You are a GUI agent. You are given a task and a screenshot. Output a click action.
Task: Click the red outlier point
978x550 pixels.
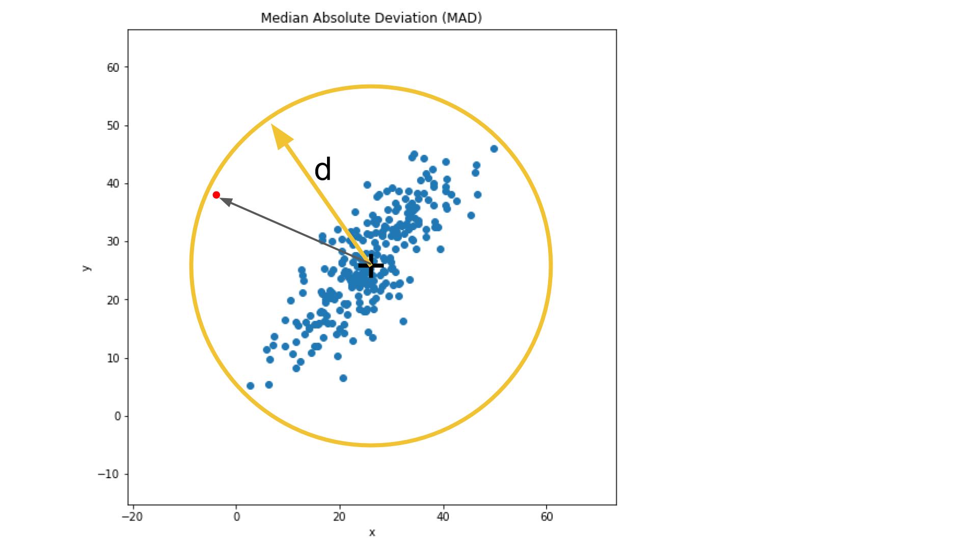point(216,195)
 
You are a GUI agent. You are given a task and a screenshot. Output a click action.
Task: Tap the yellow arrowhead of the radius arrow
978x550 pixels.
point(282,136)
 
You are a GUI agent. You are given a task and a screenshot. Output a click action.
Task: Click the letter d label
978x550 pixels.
point(323,170)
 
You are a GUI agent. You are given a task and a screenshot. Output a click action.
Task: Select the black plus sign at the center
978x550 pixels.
point(371,265)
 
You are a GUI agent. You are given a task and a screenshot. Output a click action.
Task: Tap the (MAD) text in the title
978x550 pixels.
point(461,18)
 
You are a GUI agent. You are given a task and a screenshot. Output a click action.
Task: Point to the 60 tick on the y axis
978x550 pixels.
point(113,68)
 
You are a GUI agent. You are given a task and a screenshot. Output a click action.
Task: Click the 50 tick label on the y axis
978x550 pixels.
point(113,126)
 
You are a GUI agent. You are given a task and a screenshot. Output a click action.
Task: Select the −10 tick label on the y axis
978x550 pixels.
point(108,474)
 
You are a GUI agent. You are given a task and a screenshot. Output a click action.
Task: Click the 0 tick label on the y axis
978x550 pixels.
point(118,417)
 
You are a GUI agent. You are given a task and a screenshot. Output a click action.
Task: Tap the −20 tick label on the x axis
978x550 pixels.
point(132,517)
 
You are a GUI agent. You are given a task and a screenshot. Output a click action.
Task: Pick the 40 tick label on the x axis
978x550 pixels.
point(443,517)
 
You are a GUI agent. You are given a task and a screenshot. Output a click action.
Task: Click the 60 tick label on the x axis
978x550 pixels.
point(546,517)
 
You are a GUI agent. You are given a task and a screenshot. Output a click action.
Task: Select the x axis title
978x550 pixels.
point(372,533)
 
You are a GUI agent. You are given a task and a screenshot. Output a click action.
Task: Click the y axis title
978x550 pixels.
point(87,268)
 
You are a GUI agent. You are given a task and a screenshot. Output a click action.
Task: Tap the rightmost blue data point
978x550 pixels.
point(494,149)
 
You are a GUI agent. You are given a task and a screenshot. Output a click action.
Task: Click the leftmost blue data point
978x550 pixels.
point(250,386)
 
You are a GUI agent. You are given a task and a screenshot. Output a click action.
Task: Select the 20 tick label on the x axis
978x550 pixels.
point(339,517)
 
